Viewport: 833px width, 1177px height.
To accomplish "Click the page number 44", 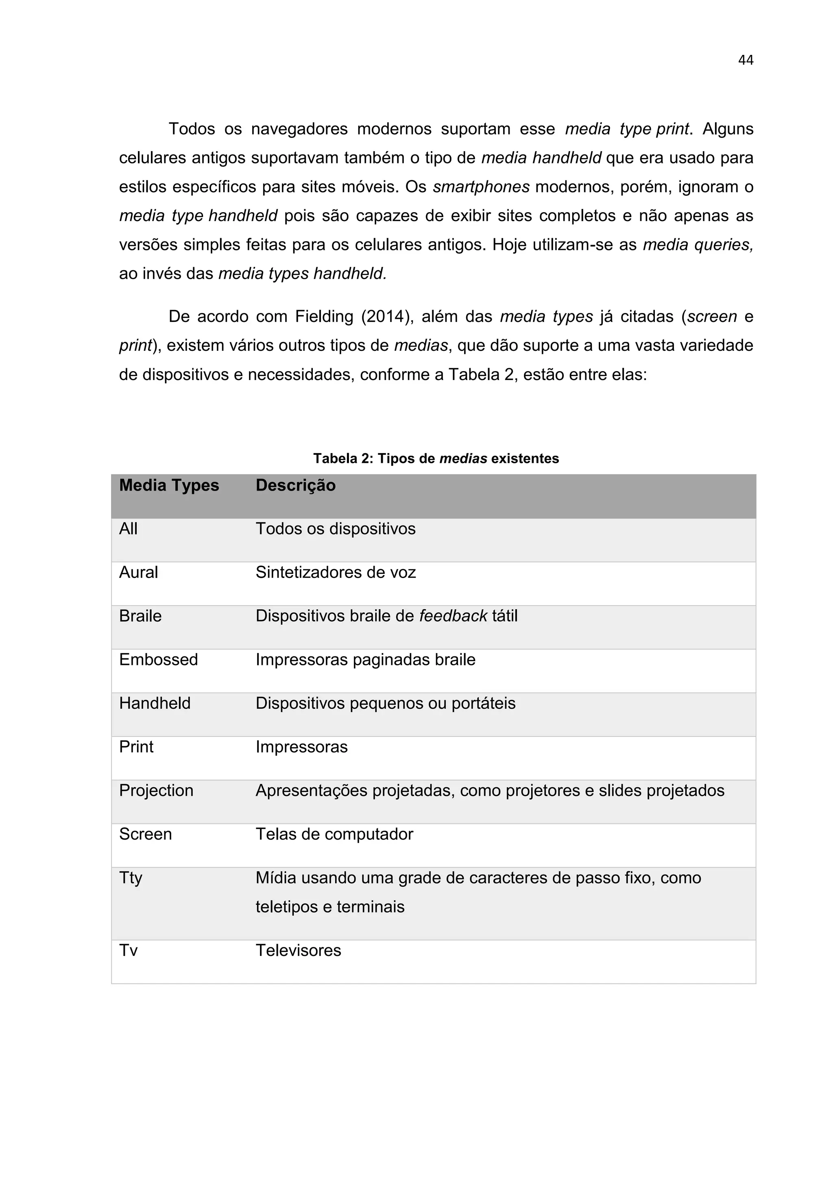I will point(745,61).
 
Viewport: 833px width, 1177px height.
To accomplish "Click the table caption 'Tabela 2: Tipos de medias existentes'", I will point(436,458).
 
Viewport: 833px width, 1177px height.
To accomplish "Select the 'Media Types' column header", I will point(169,485).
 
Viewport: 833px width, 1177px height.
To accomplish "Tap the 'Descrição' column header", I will point(295,485).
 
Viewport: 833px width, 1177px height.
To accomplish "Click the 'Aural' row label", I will point(138,572).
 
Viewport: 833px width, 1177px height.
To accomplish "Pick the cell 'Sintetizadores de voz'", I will point(336,572).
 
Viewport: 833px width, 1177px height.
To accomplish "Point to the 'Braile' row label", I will point(140,616).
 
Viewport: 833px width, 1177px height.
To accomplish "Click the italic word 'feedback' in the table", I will point(453,616).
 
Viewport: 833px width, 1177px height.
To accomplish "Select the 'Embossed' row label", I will point(158,659).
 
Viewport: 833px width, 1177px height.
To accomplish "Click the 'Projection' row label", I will point(156,790).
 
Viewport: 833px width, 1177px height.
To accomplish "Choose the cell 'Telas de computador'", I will point(334,834).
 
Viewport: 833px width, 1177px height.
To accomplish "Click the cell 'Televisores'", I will point(298,950).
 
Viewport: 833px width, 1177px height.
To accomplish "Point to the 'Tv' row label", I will point(128,950).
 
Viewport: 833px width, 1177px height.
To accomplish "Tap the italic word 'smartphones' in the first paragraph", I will point(481,187).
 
